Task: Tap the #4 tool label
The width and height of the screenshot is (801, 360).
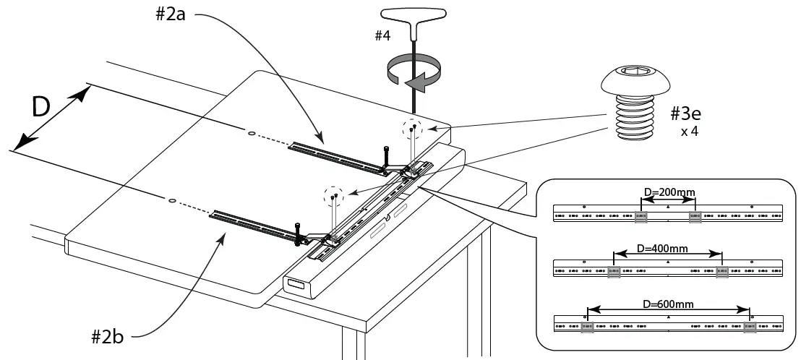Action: tap(382, 35)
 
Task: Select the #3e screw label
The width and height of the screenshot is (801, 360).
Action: tap(685, 114)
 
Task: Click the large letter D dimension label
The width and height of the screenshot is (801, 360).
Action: tap(41, 107)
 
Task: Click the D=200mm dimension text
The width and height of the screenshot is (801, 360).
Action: tap(669, 192)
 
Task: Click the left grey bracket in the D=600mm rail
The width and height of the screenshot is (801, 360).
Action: tap(588, 327)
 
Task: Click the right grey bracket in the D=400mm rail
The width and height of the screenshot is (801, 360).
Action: tap(721, 272)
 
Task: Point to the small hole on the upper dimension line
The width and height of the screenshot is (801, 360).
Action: tap(251, 133)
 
